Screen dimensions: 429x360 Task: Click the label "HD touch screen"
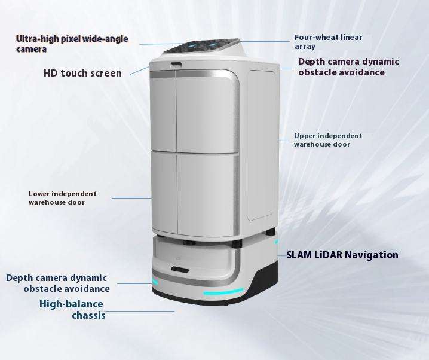tap(82, 73)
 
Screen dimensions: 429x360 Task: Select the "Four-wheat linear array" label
tap(328, 41)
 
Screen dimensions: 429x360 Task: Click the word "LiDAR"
tap(328, 255)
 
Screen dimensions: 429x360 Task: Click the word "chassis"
tap(88, 315)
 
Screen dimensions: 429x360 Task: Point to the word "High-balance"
tap(71, 304)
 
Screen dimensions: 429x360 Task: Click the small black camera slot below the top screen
tap(176, 64)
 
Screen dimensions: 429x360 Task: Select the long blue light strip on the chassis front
tap(223, 292)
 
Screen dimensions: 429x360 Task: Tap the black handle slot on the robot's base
tap(180, 270)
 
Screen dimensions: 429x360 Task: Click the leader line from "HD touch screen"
tap(139, 70)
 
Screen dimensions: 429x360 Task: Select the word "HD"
tap(51, 73)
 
